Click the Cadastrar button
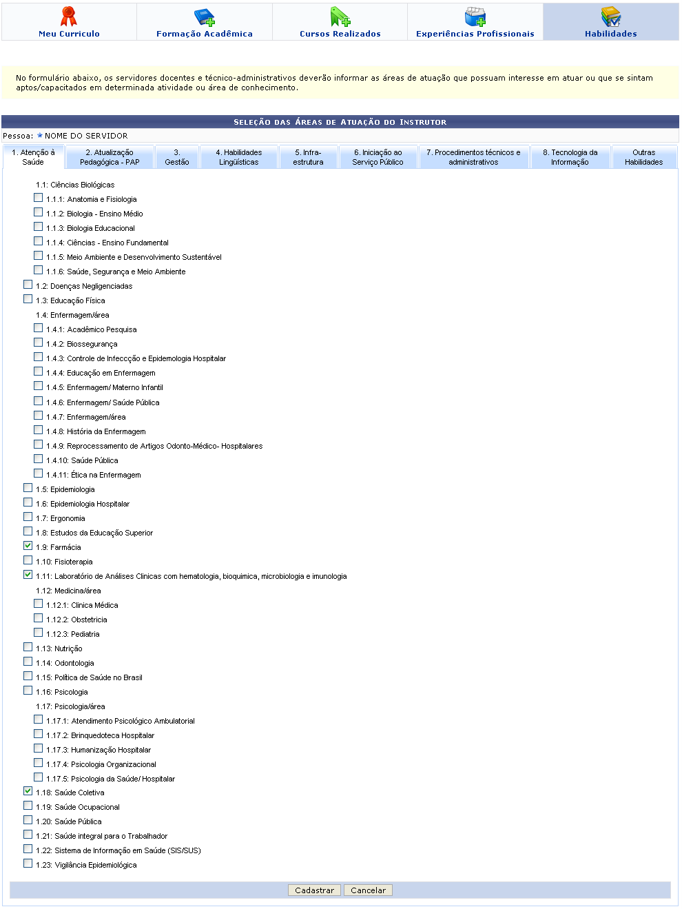click(x=314, y=890)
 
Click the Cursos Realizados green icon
click(x=340, y=17)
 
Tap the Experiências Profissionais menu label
click(x=475, y=34)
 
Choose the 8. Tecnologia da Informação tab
click(x=570, y=157)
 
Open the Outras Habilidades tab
click(x=643, y=157)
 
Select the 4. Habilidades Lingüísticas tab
click(x=238, y=157)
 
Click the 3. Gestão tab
click(x=176, y=157)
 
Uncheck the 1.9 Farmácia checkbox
click(x=28, y=546)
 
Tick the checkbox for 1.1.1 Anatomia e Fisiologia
click(x=39, y=198)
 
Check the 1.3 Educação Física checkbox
click(x=28, y=299)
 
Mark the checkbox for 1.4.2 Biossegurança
click(x=39, y=343)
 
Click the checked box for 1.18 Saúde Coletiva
click(x=28, y=791)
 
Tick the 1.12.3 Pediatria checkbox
click(x=39, y=633)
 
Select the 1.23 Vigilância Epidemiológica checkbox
click(x=28, y=864)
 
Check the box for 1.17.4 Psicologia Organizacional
click(x=39, y=763)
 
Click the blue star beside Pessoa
click(x=40, y=136)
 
